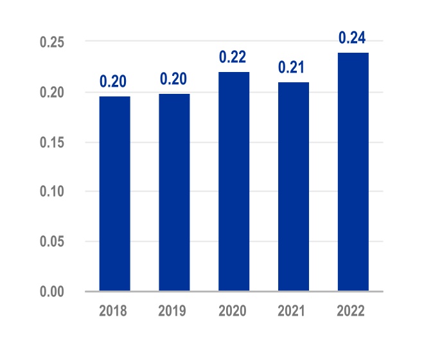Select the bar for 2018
click(x=114, y=194)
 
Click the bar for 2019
click(x=174, y=192)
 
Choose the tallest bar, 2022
click(x=353, y=172)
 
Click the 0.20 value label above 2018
click(x=113, y=82)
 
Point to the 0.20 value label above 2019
click(x=173, y=79)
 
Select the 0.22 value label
click(x=233, y=57)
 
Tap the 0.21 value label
click(x=293, y=67)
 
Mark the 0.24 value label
click(x=353, y=38)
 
